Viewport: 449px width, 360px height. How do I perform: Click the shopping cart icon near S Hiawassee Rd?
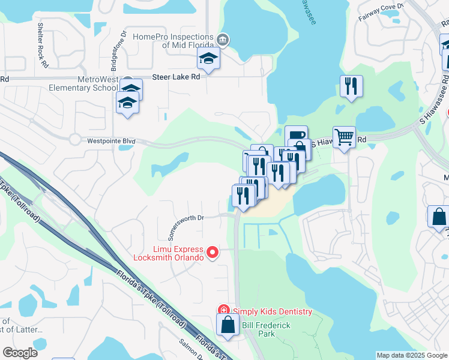tap(344, 137)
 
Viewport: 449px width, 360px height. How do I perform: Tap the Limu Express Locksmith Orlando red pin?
tap(212, 253)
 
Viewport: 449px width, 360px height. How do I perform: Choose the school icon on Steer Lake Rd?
tap(208, 58)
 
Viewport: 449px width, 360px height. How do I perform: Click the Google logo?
tap(20, 352)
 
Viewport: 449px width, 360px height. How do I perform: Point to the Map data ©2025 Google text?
tap(412, 355)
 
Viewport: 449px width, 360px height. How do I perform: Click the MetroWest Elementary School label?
tap(80, 83)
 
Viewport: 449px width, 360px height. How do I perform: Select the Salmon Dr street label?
tap(191, 349)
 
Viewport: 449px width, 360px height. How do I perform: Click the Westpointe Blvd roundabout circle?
tap(74, 139)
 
